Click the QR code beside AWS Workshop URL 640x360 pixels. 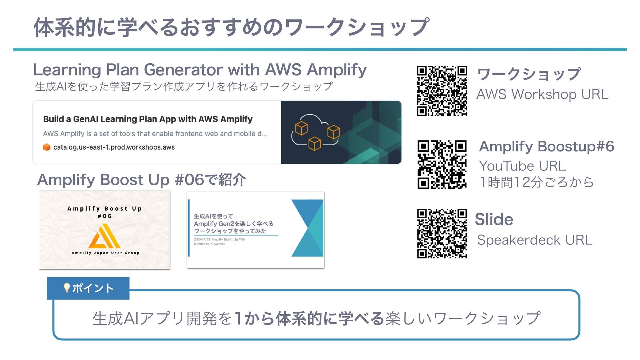point(442,91)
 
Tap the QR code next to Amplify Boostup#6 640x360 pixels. point(442,165)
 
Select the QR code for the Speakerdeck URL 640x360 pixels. point(442,233)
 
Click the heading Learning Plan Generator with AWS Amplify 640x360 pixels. point(200,70)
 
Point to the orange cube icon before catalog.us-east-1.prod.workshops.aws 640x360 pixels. point(47,147)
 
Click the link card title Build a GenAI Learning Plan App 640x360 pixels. point(148,119)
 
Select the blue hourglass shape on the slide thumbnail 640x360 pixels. point(307,228)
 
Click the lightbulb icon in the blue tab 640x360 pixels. point(67,288)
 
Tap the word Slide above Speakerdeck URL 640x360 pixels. point(494,219)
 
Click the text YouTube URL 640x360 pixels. point(522,166)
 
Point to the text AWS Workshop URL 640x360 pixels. point(542,94)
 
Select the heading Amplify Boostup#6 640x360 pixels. point(546,146)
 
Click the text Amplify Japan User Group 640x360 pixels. point(105,253)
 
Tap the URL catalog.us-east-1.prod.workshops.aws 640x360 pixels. point(114,147)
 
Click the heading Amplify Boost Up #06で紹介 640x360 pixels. point(142,180)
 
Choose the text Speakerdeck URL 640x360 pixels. point(535,240)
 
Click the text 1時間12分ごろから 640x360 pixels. point(536,182)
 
